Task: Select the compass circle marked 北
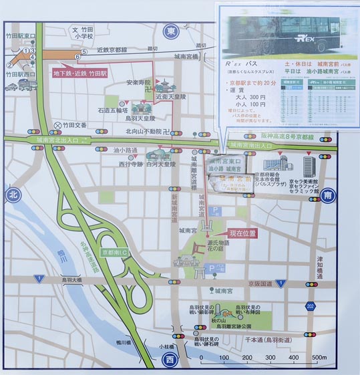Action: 12,195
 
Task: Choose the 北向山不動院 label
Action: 143,131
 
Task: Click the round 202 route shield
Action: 311,306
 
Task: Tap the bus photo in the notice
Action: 287,31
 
